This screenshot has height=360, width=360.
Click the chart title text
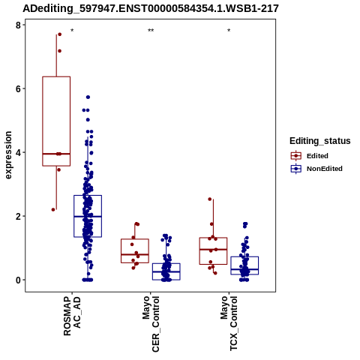click(x=151, y=8)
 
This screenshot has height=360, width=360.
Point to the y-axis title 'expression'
click(x=8, y=155)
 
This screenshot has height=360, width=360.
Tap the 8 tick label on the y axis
click(x=18, y=25)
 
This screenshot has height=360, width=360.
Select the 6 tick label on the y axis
click(x=18, y=88)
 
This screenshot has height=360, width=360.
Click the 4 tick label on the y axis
click(x=18, y=152)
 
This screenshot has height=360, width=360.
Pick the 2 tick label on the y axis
click(x=18, y=216)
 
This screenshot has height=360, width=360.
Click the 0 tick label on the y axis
click(x=18, y=280)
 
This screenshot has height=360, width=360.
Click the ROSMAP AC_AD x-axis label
click(x=72, y=316)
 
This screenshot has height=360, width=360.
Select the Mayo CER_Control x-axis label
click(x=151, y=324)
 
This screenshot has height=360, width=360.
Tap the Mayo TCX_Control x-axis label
click(x=229, y=323)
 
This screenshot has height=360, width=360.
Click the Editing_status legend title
click(x=320, y=141)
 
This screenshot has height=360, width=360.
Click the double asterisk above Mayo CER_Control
click(x=151, y=31)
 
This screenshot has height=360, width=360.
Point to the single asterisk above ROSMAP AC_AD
click(x=72, y=31)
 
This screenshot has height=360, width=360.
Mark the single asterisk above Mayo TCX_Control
click(x=229, y=31)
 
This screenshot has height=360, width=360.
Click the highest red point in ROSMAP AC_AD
click(x=60, y=34)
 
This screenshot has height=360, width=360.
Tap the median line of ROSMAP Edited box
click(x=56, y=154)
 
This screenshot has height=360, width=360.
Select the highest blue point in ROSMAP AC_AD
click(x=88, y=97)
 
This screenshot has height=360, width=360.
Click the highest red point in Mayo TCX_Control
click(x=210, y=199)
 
